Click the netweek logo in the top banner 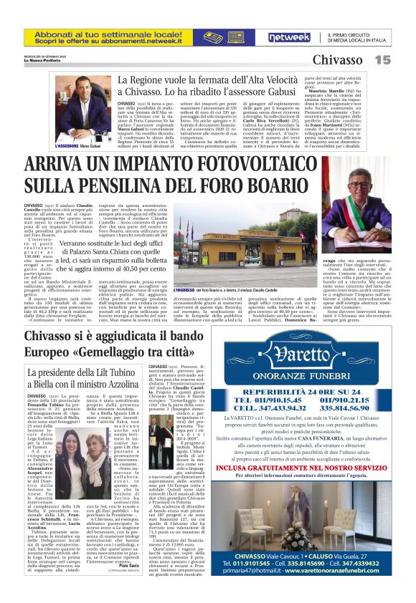click(x=289, y=37)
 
